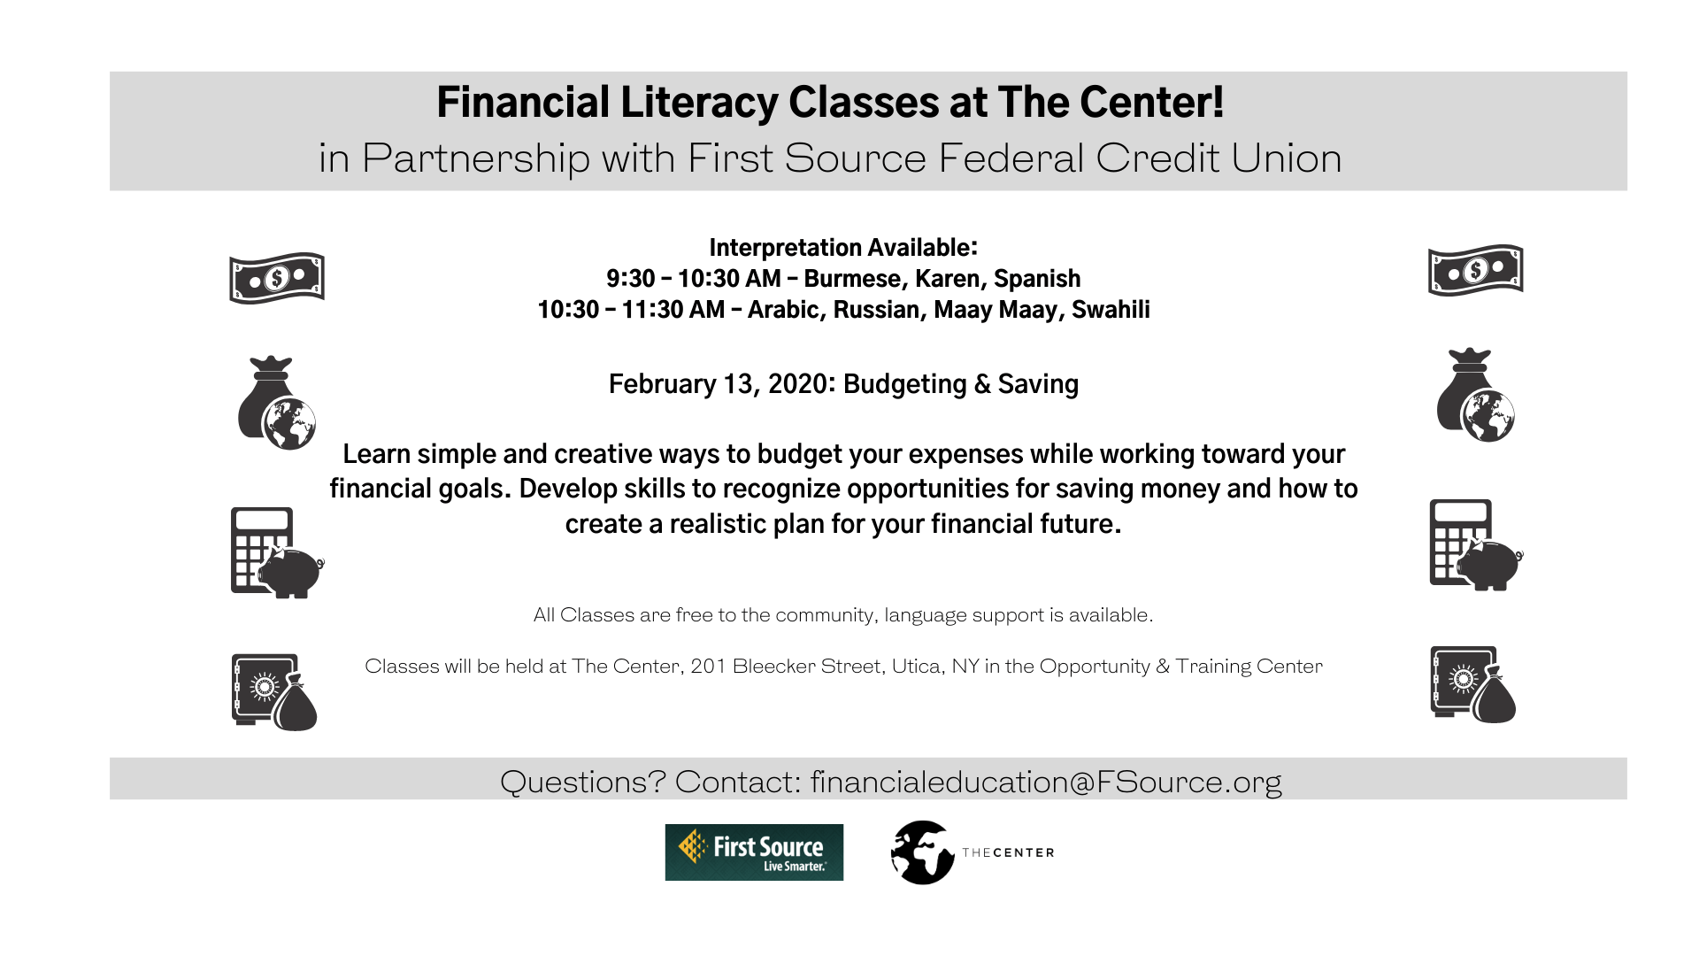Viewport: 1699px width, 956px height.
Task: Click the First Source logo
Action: (x=754, y=852)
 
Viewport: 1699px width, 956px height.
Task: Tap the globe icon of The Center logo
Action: (x=922, y=852)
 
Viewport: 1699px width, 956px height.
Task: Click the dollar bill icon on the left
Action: (x=277, y=278)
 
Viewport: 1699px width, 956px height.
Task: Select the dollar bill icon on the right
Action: (x=1475, y=270)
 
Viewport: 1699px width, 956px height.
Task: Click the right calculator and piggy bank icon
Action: (x=1475, y=545)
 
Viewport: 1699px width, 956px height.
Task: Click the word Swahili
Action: (x=1111, y=310)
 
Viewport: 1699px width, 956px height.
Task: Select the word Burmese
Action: (x=852, y=279)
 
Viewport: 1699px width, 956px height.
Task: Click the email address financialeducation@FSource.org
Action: (x=1046, y=782)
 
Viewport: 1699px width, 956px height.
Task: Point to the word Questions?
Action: (x=582, y=782)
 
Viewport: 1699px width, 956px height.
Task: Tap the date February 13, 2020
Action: (x=719, y=384)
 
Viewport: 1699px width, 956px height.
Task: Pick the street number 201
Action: (x=708, y=667)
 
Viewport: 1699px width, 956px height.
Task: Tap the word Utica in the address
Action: (x=917, y=667)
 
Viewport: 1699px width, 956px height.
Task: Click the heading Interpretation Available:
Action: (x=843, y=248)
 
